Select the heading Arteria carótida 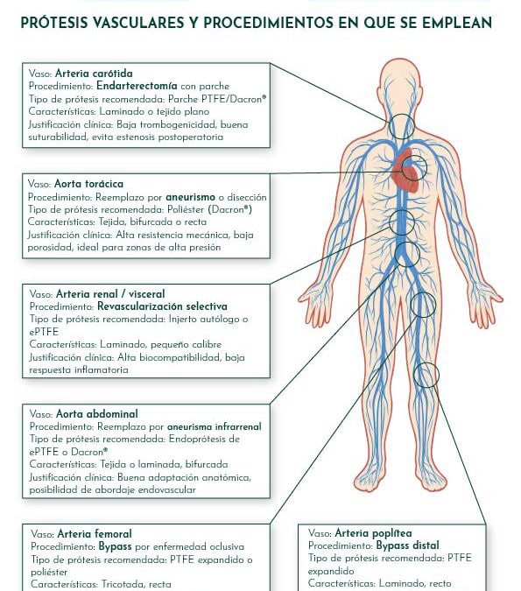[x=94, y=74]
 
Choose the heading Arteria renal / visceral [x=109, y=293]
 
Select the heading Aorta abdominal [x=94, y=412]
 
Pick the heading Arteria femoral [x=94, y=533]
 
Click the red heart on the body [x=404, y=171]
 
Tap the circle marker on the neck [x=403, y=126]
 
